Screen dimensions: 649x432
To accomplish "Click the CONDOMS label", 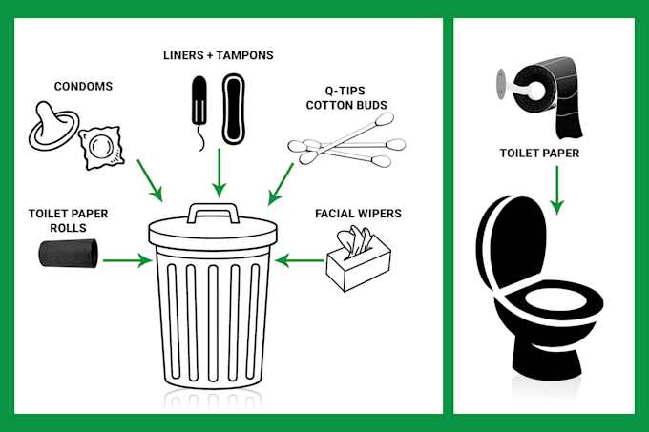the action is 83,87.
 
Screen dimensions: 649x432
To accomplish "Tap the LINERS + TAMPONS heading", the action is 219,55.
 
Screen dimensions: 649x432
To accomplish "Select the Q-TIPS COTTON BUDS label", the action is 346,98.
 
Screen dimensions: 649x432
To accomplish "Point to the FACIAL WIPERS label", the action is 358,214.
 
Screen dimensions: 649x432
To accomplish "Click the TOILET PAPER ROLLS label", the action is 69,220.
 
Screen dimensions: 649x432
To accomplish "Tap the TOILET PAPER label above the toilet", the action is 539,154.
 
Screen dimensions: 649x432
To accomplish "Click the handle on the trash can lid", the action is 213,212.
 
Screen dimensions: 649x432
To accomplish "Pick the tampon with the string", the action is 199,112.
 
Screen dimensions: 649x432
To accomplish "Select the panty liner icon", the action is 234,109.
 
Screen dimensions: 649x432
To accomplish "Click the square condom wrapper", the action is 101,148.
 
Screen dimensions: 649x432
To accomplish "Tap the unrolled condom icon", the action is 53,125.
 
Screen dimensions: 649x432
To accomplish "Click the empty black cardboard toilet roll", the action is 69,253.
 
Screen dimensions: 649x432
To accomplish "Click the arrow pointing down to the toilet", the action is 557,190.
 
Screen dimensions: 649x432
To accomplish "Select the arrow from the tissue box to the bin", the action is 299,261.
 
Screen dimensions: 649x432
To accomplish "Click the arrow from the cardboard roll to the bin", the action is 128,261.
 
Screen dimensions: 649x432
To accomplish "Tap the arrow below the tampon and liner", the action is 219,174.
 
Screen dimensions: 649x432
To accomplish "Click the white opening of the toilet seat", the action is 555,299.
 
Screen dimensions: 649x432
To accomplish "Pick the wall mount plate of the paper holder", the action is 501,84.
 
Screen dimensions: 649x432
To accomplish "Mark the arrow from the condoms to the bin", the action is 150,180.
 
